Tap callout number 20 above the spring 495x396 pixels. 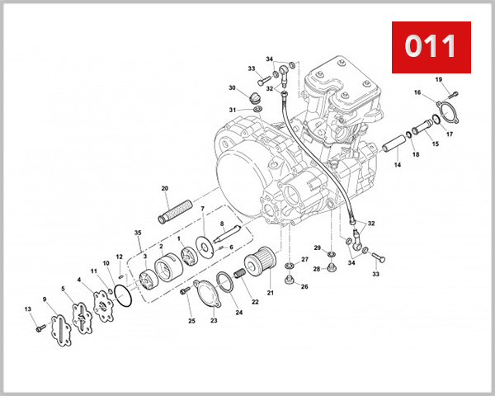[x=165, y=189]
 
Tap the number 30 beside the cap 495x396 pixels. [x=232, y=88]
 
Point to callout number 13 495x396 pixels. [x=27, y=309]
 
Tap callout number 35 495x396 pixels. [x=138, y=233]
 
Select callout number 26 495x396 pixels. [x=304, y=286]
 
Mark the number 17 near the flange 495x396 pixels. [x=450, y=134]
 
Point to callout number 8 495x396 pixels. [x=222, y=224]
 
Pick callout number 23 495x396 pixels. [x=213, y=320]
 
